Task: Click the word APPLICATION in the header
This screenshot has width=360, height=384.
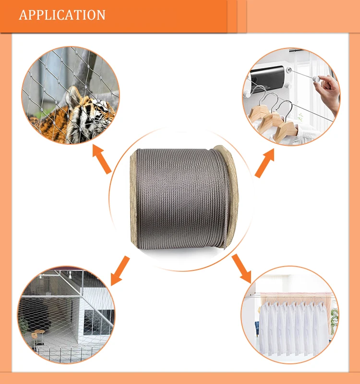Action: click(x=62, y=15)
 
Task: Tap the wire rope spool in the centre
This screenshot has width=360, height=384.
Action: click(x=184, y=198)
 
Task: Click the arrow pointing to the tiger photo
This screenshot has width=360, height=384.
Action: click(x=102, y=159)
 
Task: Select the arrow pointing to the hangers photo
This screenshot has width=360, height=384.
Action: click(x=265, y=163)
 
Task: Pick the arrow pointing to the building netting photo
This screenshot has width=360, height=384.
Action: click(x=120, y=270)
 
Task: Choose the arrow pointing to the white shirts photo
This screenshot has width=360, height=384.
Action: click(x=241, y=268)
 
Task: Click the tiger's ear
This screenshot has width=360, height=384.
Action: click(x=73, y=95)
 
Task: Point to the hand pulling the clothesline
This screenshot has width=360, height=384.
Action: click(x=328, y=93)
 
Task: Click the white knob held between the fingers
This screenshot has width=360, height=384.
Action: click(x=315, y=79)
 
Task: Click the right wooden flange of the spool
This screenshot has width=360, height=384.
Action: click(x=227, y=196)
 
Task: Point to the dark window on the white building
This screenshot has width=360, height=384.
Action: click(x=98, y=322)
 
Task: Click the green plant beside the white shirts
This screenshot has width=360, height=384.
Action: click(x=334, y=321)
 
